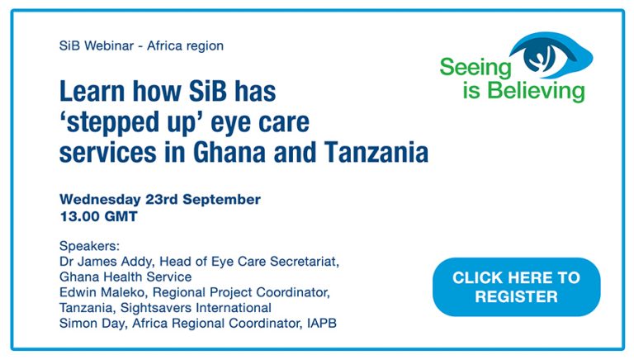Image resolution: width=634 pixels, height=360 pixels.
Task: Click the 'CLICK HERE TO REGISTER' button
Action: click(516, 287)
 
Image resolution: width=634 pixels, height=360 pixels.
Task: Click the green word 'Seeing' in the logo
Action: click(475, 68)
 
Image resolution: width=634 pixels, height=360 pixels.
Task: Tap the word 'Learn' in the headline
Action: click(92, 91)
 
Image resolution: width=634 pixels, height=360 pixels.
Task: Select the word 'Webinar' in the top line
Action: click(109, 45)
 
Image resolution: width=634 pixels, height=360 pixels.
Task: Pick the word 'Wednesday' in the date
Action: click(100, 200)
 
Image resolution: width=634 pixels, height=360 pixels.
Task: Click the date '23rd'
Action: click(161, 200)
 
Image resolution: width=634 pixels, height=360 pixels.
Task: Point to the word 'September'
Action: click(221, 200)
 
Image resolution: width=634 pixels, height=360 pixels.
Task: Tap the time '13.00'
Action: click(77, 216)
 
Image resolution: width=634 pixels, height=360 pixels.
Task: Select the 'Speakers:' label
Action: click(90, 246)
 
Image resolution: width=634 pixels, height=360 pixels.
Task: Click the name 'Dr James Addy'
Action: click(106, 262)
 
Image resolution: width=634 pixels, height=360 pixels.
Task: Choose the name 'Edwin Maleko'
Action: click(104, 292)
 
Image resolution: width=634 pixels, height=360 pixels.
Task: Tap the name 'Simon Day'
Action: click(92, 324)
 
